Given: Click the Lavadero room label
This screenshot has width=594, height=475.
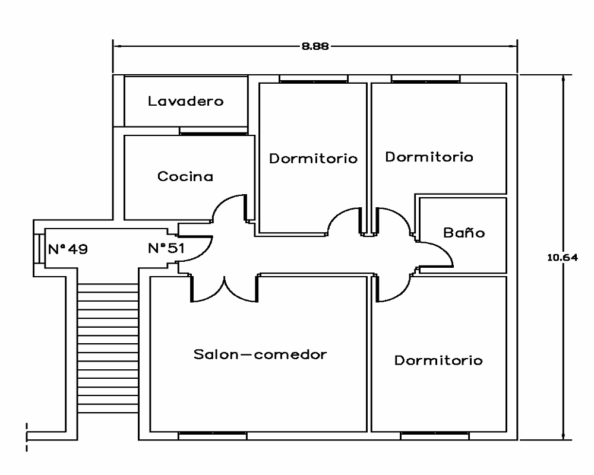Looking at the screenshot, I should click(185, 102).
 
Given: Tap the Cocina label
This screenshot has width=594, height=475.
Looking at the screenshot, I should click(185, 176).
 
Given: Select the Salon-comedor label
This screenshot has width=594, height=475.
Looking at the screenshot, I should click(261, 354).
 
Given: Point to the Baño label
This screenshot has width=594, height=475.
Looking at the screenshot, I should click(464, 233).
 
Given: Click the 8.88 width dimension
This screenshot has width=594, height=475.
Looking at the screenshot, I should click(315, 46).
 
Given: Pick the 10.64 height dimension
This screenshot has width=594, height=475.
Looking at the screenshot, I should click(562, 257).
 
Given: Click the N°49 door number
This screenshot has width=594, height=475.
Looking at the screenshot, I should click(68, 249).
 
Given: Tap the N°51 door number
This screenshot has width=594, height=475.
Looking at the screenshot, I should click(165, 248).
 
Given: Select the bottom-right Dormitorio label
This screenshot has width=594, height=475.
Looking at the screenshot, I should click(438, 360).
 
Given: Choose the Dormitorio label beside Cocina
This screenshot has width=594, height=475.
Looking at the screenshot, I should click(313, 159).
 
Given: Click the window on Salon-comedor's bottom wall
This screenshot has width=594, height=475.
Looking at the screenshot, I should click(213, 436).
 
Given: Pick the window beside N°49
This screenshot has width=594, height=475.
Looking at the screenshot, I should click(37, 248).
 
